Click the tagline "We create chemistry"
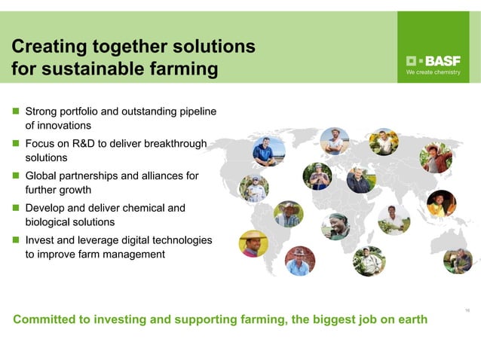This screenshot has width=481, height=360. (433, 73)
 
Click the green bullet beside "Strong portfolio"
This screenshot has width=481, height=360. (15, 111)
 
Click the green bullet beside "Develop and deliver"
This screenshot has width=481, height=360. (15, 208)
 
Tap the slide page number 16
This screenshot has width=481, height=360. (468, 310)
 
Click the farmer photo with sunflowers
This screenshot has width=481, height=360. (384, 142)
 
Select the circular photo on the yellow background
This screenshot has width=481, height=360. (253, 244)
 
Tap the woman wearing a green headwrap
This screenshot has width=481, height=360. (335, 226)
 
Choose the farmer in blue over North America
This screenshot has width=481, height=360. (268, 151)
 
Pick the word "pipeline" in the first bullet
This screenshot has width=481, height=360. (198, 111)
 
